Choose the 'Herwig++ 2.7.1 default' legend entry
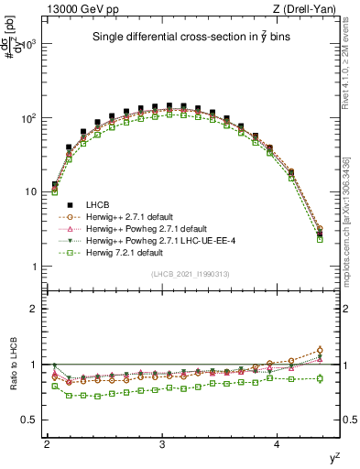pos(136,215)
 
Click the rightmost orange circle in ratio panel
pos(320,350)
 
